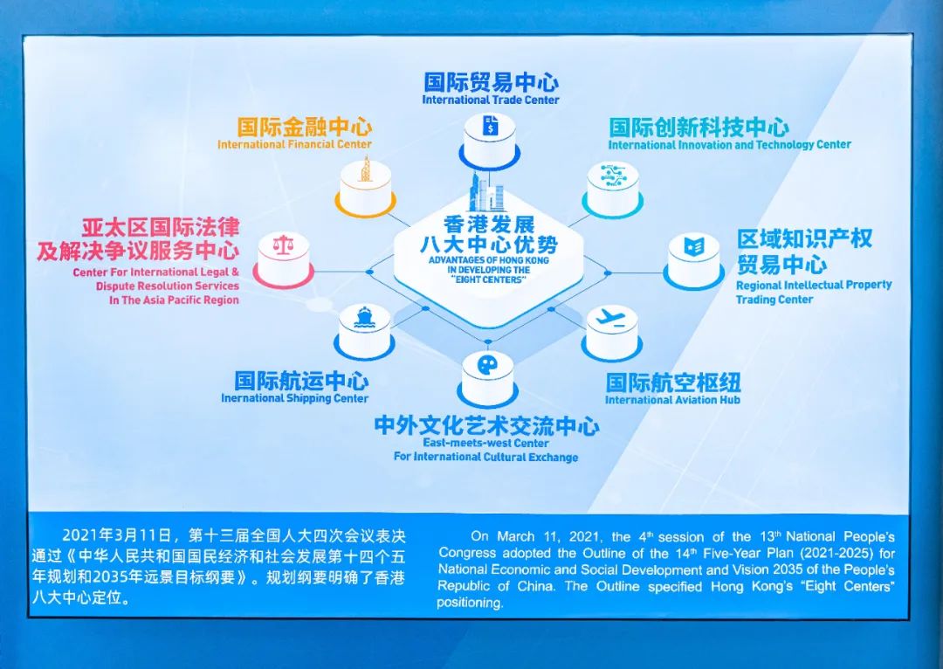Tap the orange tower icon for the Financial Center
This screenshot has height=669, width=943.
click(365, 170)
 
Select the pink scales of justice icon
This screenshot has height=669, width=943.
click(283, 244)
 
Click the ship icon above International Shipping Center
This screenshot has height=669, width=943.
click(364, 316)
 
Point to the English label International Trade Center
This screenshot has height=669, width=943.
click(491, 100)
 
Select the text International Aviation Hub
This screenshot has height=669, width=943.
click(672, 400)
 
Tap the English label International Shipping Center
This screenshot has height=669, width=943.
click(294, 398)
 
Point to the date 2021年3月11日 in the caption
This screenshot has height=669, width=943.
click(109, 535)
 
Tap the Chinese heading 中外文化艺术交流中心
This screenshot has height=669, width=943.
click(486, 426)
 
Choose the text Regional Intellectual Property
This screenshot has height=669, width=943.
click(814, 285)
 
